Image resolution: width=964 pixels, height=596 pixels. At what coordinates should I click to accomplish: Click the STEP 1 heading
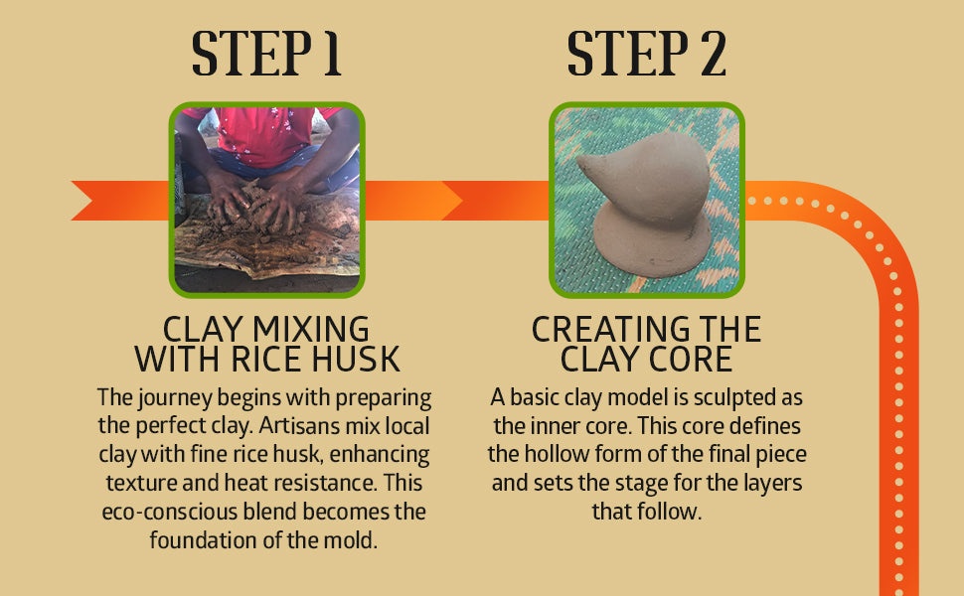(266, 54)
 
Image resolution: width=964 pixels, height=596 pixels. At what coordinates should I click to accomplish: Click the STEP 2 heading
(646, 54)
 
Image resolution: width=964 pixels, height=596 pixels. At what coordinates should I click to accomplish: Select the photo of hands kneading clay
(266, 200)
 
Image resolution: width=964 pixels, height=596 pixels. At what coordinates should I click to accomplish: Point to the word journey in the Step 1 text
(175, 398)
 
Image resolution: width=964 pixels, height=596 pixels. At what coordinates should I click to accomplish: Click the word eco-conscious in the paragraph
(169, 512)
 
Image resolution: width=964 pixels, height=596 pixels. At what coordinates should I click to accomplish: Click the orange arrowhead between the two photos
(452, 201)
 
